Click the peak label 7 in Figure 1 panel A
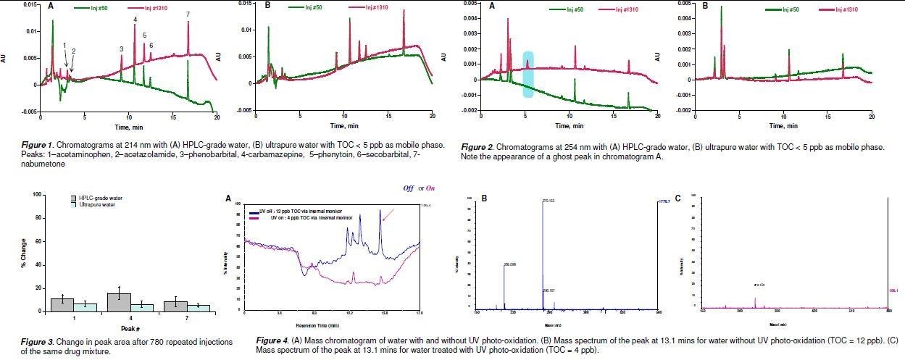pos(188,14)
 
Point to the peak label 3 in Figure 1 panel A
pos(122,49)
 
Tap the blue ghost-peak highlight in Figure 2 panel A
pos(528,75)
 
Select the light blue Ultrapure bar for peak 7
pos(199,308)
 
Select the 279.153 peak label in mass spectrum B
pos(546,200)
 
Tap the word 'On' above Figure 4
pos(430,188)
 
